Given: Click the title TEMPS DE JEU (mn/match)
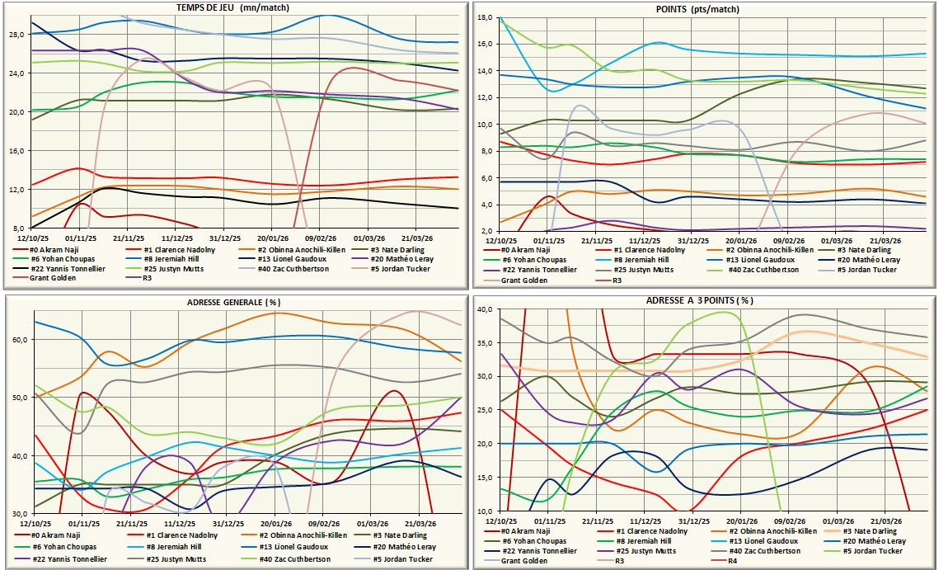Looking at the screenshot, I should coord(232,7).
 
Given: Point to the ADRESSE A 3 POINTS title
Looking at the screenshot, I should coord(699,301).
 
